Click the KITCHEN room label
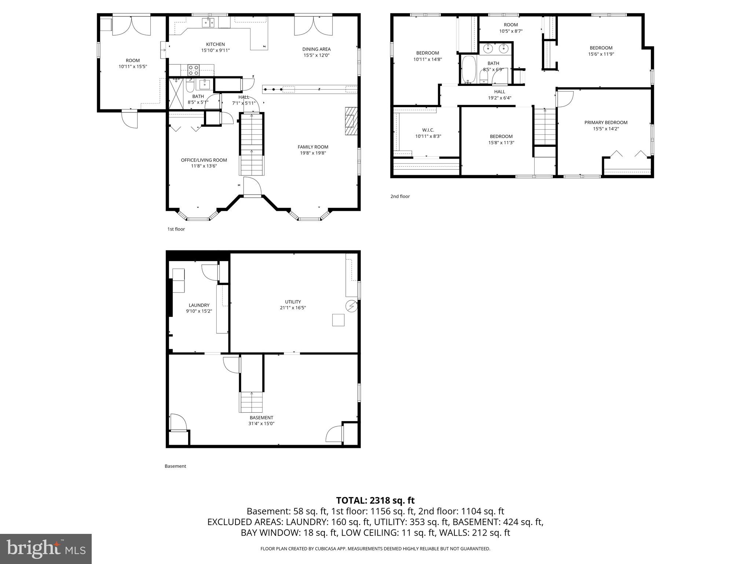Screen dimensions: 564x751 click(x=215, y=44)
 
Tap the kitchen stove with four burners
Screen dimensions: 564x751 click(x=193, y=70)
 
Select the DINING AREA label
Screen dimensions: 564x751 click(x=316, y=49)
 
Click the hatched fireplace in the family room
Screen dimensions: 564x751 click(x=350, y=121)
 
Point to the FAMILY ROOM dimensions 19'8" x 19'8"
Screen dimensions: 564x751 click(x=313, y=153)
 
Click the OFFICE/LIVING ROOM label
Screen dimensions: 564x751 click(x=204, y=160)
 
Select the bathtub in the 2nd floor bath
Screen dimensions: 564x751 click(x=468, y=69)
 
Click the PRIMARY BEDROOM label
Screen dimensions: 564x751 click(x=606, y=123)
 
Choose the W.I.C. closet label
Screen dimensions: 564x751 click(x=428, y=130)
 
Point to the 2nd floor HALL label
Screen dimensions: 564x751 click(x=499, y=92)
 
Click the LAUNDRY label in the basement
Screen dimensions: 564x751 click(x=199, y=305)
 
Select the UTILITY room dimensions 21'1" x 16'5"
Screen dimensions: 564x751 click(x=293, y=308)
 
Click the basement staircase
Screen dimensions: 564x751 click(x=252, y=402)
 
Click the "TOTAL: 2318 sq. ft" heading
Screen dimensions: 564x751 click(x=375, y=500)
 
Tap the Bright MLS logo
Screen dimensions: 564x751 click(x=46, y=549)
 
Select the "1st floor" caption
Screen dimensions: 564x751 click(x=176, y=229)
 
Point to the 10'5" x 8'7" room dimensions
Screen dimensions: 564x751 click(x=510, y=31)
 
